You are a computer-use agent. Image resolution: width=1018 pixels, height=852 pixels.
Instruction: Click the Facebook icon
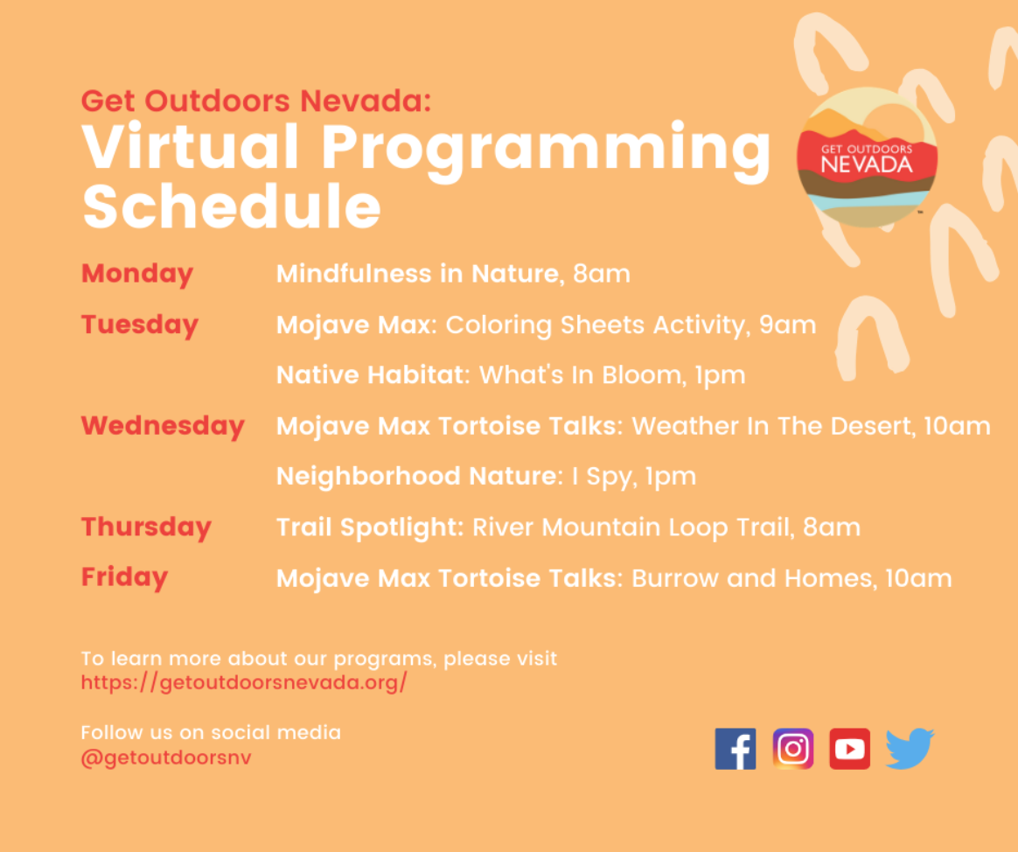pyautogui.click(x=735, y=749)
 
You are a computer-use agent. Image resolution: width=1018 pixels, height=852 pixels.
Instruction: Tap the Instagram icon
pyautogui.click(x=792, y=749)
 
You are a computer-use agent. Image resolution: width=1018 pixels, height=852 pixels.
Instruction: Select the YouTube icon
pyautogui.click(x=850, y=749)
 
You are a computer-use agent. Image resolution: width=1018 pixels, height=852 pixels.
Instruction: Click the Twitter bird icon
pyautogui.click(x=910, y=749)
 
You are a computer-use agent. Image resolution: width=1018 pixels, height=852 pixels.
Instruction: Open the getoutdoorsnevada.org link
pyautogui.click(x=244, y=682)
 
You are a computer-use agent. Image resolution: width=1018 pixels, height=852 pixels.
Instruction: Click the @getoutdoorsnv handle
pyautogui.click(x=165, y=758)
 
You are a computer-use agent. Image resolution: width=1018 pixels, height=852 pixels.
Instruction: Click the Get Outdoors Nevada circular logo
pyautogui.click(x=867, y=157)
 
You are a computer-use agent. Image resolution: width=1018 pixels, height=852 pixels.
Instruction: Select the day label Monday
pyautogui.click(x=137, y=274)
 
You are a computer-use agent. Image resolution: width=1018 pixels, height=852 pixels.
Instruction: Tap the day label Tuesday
pyautogui.click(x=140, y=324)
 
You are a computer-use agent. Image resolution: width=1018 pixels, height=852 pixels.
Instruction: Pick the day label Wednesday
pyautogui.click(x=163, y=425)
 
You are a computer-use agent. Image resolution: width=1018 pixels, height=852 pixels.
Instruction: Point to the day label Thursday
pyautogui.click(x=146, y=527)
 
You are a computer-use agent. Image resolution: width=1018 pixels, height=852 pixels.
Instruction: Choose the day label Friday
pyautogui.click(x=125, y=576)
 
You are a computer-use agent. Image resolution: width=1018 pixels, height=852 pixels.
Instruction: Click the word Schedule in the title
pyautogui.click(x=232, y=206)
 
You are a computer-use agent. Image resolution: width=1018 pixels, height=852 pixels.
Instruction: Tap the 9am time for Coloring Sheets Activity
pyautogui.click(x=787, y=325)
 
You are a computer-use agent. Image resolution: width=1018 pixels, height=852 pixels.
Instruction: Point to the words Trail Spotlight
pyautogui.click(x=370, y=527)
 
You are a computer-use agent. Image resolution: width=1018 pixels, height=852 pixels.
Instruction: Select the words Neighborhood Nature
pyautogui.click(x=420, y=476)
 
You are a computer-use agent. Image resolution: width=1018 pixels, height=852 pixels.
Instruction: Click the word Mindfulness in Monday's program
pyautogui.click(x=354, y=274)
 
